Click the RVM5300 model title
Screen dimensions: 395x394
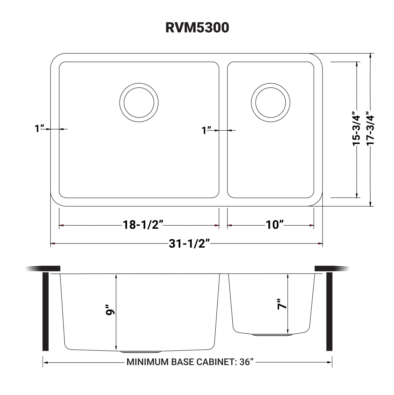coord(197,28)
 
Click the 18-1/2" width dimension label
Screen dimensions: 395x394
coord(143,225)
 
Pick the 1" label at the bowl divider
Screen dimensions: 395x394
coord(207,130)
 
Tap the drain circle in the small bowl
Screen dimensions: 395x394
coord(271,103)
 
